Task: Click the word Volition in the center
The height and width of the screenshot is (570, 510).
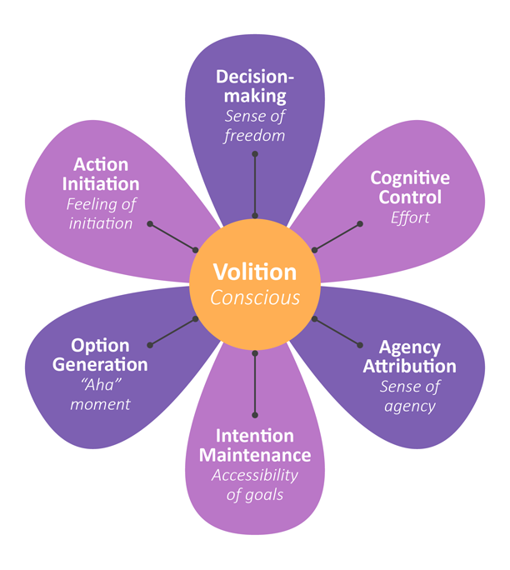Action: coord(254,272)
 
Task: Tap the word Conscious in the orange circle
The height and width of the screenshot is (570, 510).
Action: coord(254,297)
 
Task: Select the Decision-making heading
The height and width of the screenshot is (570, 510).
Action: coord(255,87)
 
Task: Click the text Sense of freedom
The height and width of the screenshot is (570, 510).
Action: coord(255,126)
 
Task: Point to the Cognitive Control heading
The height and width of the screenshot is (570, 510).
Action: coord(410,187)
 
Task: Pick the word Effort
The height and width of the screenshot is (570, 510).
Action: coord(410,217)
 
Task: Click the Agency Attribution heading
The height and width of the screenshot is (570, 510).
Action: coord(409,356)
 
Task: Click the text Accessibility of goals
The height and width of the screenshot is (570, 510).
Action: coord(254,485)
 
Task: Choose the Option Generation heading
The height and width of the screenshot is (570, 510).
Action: coord(100,355)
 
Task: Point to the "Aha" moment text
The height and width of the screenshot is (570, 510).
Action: coord(100,394)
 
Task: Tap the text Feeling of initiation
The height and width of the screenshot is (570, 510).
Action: coord(100,212)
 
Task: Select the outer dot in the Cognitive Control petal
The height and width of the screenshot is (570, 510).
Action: coord(360,223)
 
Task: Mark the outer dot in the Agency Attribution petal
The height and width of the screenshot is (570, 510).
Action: coord(360,344)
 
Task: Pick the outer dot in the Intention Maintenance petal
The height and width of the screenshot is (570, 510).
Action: coord(255,414)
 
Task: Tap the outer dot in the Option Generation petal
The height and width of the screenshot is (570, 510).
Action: coord(150,344)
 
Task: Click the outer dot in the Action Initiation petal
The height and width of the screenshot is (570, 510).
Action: coord(150,223)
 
